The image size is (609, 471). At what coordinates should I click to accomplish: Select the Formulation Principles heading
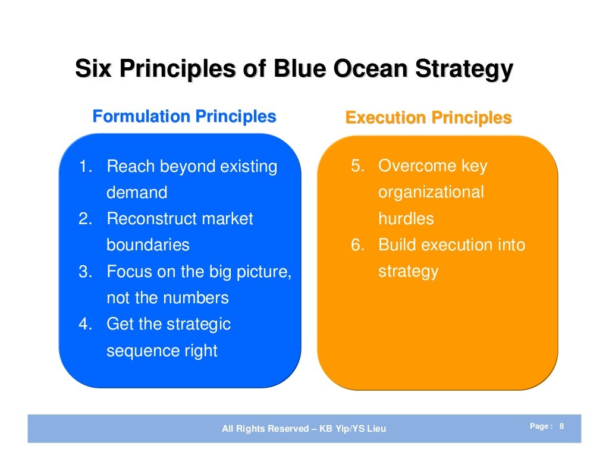184,117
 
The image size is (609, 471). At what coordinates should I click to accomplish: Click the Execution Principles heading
428,118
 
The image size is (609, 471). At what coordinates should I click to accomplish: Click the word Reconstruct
151,219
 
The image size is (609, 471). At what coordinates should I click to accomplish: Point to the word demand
137,193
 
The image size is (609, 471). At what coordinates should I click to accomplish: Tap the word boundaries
147,245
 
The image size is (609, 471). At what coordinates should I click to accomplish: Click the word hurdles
406,219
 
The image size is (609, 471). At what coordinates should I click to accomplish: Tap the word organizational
431,193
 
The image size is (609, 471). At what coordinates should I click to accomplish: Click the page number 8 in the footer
562,426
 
